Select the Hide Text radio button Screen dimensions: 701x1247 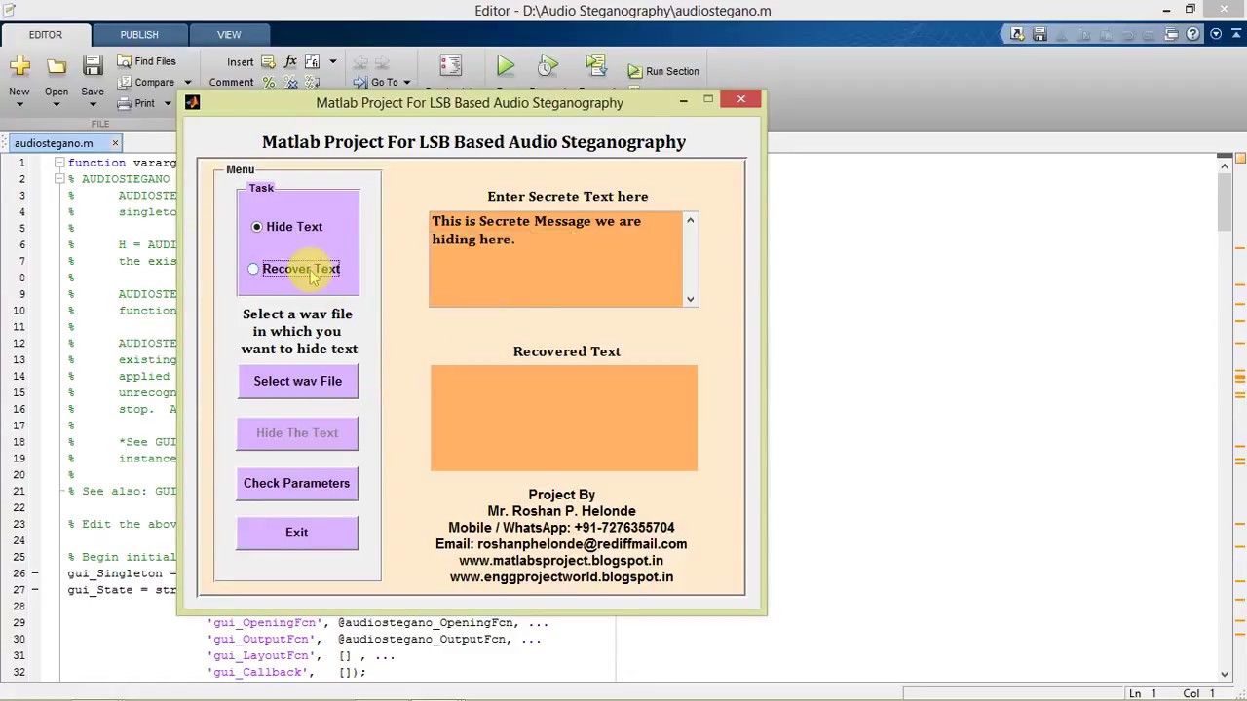click(x=257, y=227)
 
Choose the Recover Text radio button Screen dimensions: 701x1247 click(x=253, y=269)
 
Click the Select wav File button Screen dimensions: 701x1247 click(x=297, y=381)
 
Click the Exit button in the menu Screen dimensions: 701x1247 click(x=296, y=533)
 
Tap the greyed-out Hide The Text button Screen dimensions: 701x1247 click(x=297, y=433)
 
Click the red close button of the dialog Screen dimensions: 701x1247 click(x=740, y=99)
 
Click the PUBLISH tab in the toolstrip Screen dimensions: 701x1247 click(x=139, y=35)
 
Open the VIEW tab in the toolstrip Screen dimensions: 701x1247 click(x=229, y=35)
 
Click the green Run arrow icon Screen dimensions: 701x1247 click(x=505, y=66)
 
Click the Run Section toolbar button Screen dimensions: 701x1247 click(x=663, y=71)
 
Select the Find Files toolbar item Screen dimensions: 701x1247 click(x=147, y=61)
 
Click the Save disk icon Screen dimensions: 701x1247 click(x=93, y=66)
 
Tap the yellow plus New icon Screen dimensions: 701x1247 click(x=19, y=66)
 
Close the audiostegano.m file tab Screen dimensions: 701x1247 click(x=115, y=143)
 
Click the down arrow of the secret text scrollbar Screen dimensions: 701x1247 click(x=690, y=299)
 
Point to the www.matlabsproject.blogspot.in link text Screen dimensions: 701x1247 click(x=561, y=561)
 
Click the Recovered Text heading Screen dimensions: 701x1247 click(x=566, y=351)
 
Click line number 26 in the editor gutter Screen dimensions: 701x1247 click(x=19, y=573)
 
